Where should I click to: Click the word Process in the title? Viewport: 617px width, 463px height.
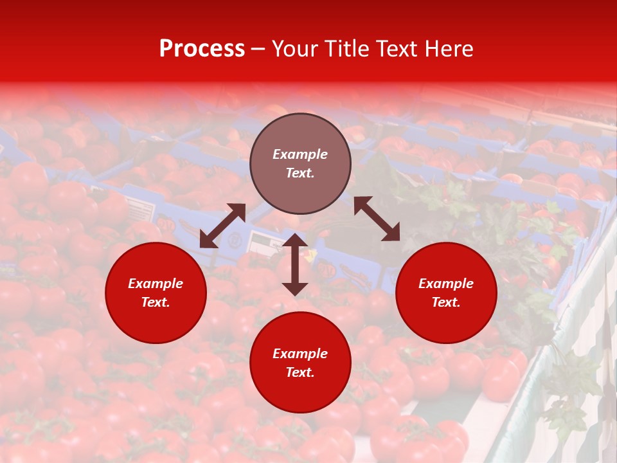pyautogui.click(x=202, y=49)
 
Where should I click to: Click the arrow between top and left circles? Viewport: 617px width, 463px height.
pyautogui.click(x=222, y=226)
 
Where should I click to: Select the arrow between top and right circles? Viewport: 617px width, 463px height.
pyautogui.click(x=377, y=219)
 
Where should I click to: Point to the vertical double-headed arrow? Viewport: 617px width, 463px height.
pyautogui.click(x=295, y=264)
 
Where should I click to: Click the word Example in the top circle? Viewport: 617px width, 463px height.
pyautogui.click(x=300, y=154)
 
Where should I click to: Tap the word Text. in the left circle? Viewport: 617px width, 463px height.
pyautogui.click(x=156, y=302)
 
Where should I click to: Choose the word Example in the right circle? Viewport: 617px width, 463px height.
pyautogui.click(x=446, y=284)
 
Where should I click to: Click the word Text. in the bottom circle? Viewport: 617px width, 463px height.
pyautogui.click(x=300, y=372)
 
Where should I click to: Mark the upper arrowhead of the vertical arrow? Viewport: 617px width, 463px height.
pyautogui.click(x=295, y=240)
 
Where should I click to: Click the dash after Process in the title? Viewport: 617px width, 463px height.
pyautogui.click(x=258, y=49)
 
